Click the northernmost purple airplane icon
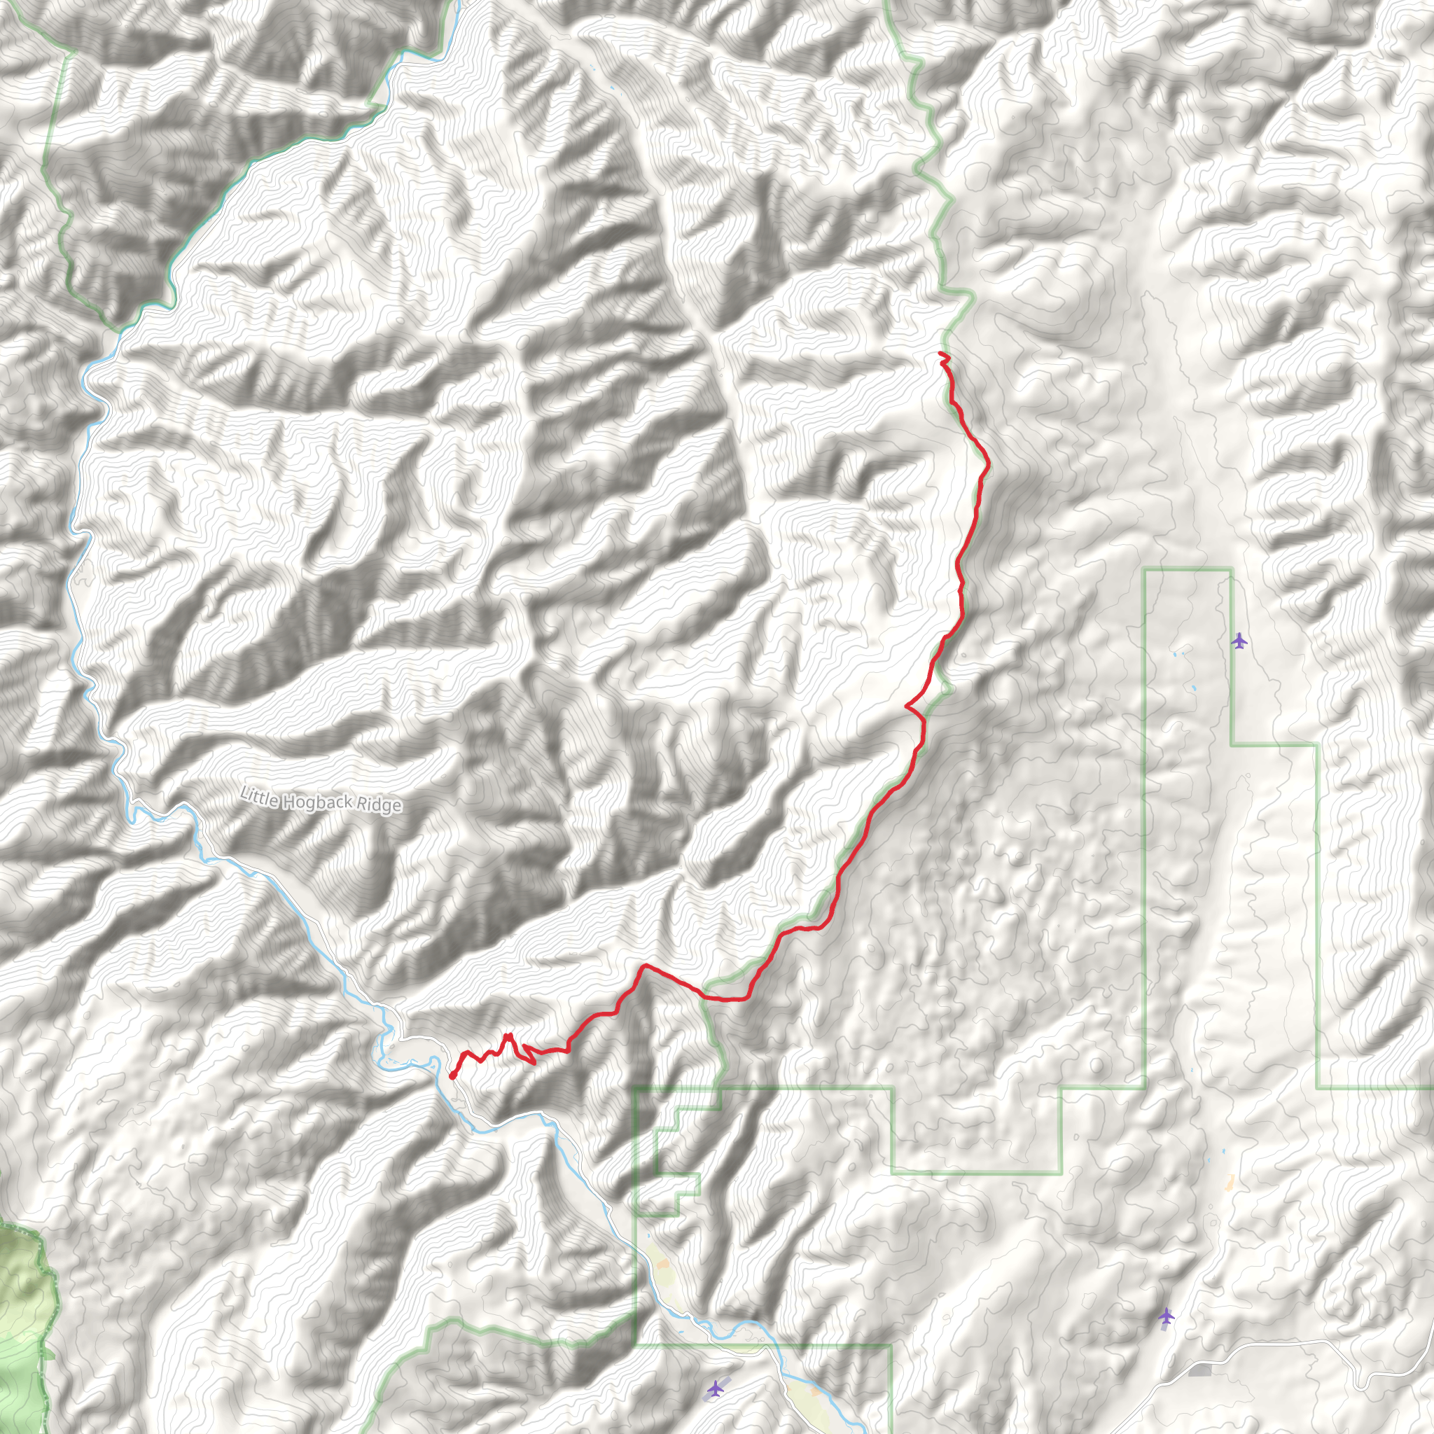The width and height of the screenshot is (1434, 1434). pyautogui.click(x=1239, y=641)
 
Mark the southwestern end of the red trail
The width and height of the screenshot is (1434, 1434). pyautogui.click(x=452, y=1076)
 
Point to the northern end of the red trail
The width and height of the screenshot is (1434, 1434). pyautogui.click(x=941, y=354)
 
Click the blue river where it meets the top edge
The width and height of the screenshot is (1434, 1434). pyautogui.click(x=458, y=4)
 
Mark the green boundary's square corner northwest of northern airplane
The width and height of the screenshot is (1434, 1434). pyautogui.click(x=1146, y=569)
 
